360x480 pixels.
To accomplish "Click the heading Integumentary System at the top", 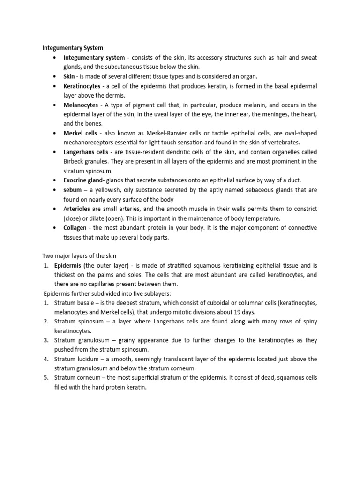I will (73, 48).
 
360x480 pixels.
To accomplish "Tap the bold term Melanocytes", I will (81, 105).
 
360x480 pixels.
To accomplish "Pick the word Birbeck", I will (75, 161).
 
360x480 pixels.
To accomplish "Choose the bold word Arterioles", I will (78, 209).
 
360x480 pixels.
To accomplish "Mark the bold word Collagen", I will (77, 228).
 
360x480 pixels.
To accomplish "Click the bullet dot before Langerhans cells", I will (55, 152).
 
